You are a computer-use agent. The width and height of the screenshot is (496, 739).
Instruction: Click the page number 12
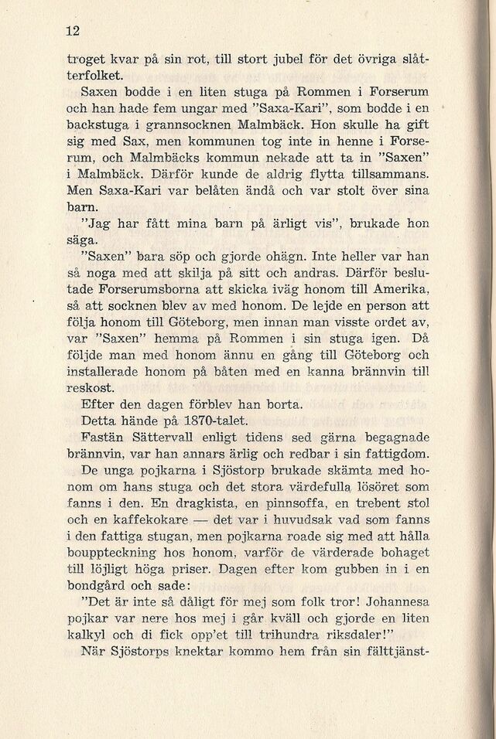[x=74, y=31]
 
